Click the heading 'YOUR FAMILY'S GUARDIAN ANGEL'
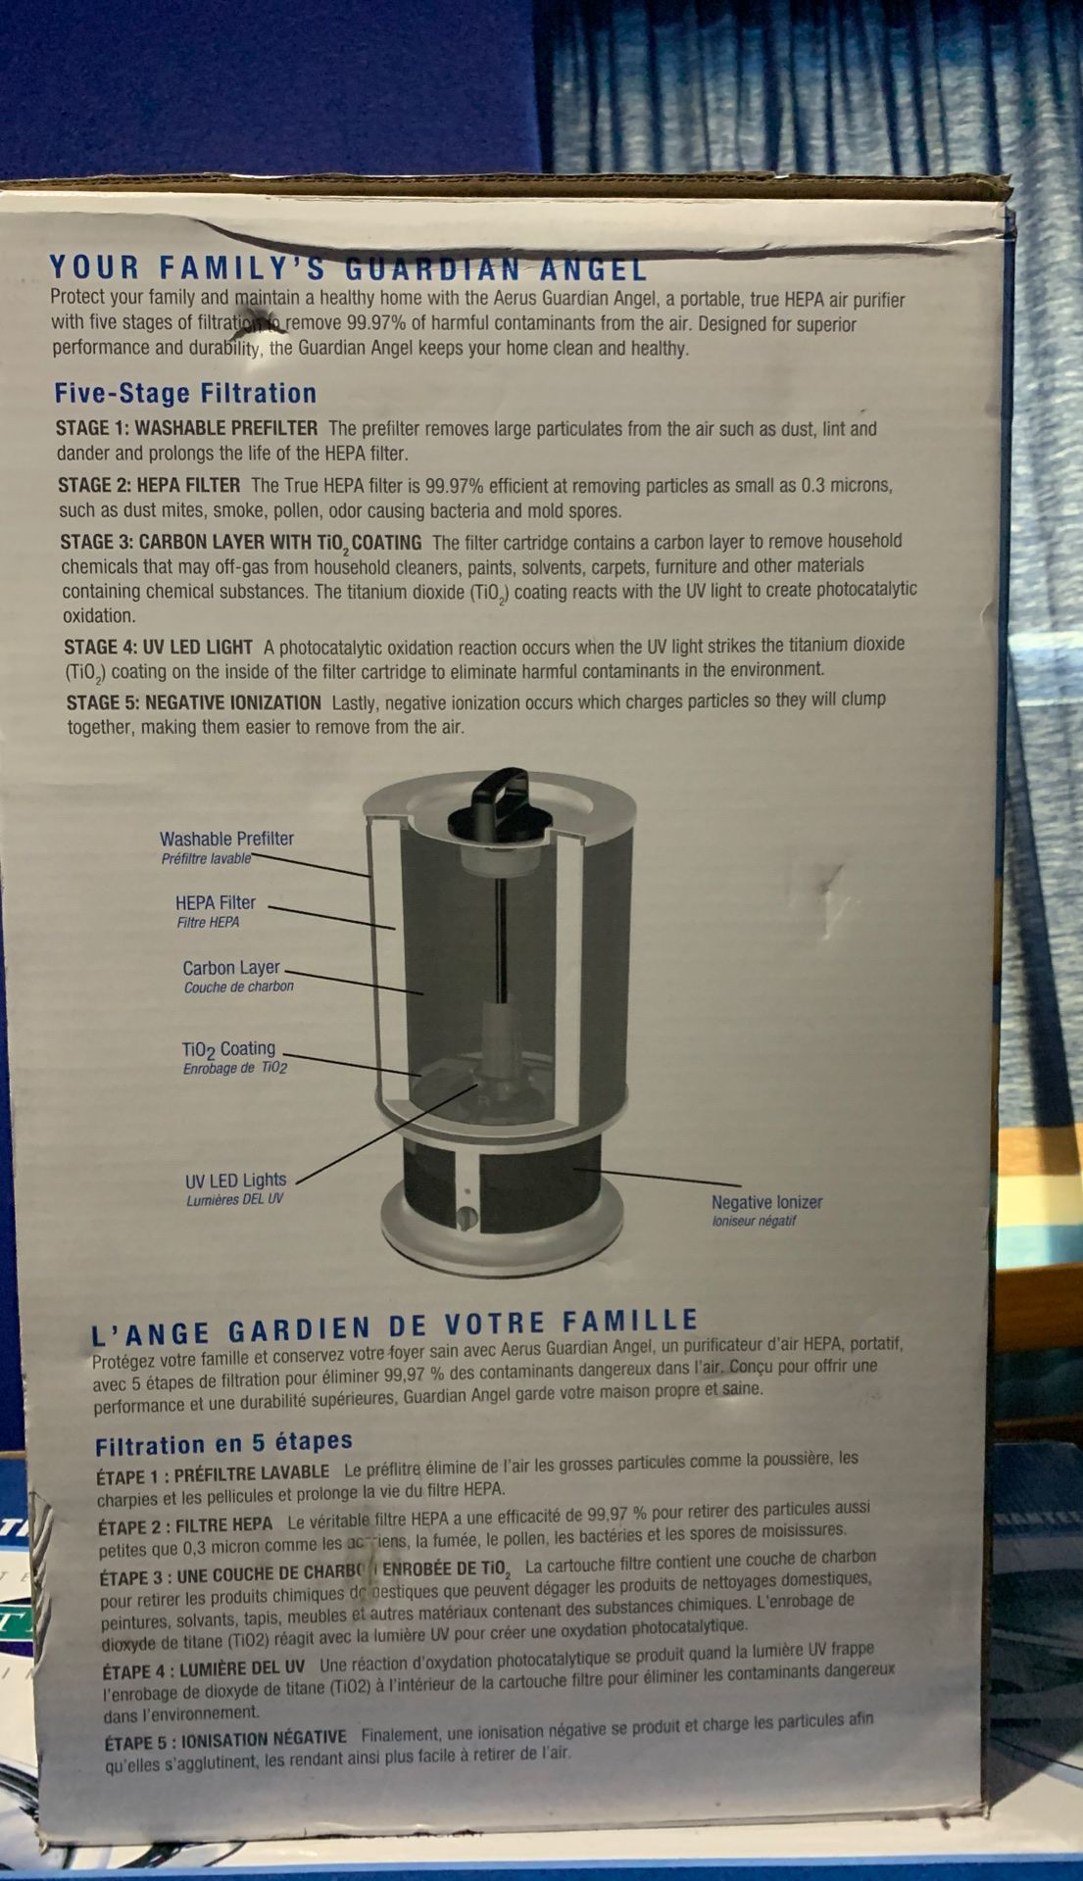[348, 267]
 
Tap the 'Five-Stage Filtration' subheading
[185, 394]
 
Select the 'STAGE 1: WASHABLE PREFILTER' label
[186, 428]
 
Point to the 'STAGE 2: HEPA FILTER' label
[149, 485]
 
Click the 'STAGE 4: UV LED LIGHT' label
[159, 648]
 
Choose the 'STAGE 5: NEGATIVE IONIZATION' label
[194, 703]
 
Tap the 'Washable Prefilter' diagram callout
[226, 839]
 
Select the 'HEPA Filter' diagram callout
[216, 902]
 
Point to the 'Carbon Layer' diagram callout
[231, 968]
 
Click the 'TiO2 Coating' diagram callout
[228, 1049]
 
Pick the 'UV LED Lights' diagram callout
[236, 1181]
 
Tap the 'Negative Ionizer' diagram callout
[766, 1202]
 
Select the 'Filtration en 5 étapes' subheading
[223, 1444]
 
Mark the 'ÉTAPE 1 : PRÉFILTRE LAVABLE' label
[213, 1473]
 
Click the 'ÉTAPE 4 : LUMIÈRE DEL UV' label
[204, 1668]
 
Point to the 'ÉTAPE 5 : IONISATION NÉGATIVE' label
[225, 1739]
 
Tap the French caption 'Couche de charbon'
[239, 988]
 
